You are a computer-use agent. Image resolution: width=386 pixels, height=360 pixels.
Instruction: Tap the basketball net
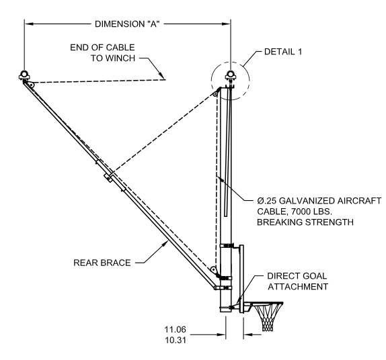[268, 318]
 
